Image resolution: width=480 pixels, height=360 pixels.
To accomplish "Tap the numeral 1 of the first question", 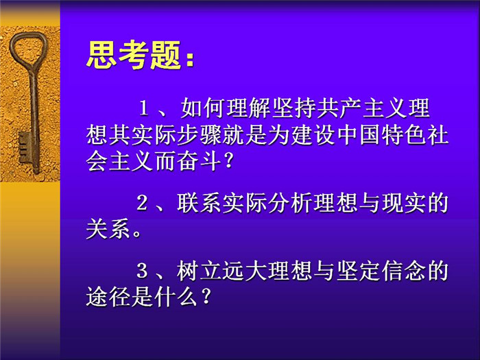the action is [x=144, y=108].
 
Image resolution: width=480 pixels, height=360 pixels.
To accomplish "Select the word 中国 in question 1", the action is [x=359, y=135].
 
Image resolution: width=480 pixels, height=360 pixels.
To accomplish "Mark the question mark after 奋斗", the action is [x=228, y=161].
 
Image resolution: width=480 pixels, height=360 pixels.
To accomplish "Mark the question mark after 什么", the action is [x=206, y=297].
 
